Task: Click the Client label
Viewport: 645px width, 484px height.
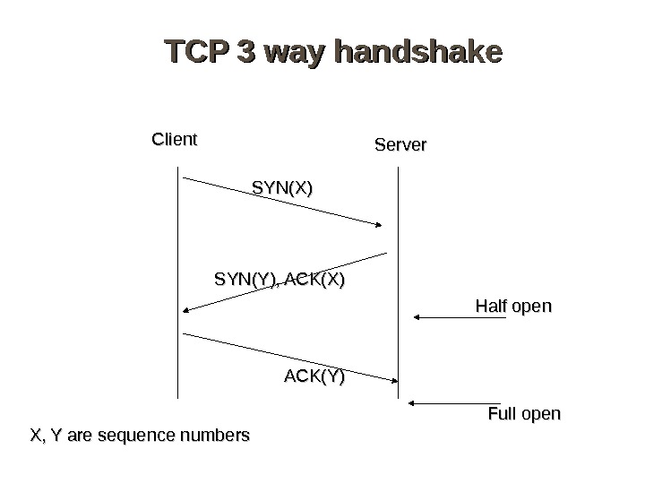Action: coord(174,139)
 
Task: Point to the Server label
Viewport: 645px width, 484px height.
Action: coord(400,144)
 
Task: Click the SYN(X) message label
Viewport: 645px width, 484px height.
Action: coord(282,188)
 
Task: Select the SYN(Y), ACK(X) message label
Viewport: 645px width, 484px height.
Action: coord(279,281)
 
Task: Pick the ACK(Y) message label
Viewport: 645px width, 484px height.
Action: coord(314,376)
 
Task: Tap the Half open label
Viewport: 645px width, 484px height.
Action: coord(513,307)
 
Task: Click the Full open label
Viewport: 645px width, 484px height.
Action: coord(524,414)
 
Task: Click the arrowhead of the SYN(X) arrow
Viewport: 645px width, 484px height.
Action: coord(383,224)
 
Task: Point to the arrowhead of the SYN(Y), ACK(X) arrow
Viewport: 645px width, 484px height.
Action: coord(185,310)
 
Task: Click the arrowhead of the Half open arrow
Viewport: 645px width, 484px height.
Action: coord(417,316)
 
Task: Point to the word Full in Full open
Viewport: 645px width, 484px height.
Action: coord(501,414)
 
